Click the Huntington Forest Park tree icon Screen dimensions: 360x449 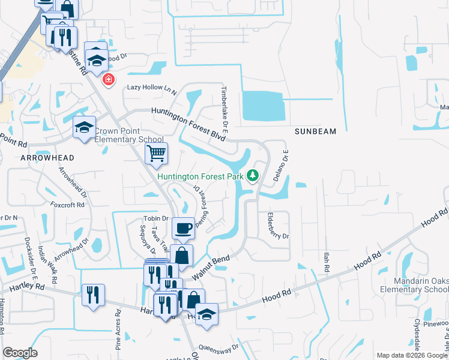coord(253,175)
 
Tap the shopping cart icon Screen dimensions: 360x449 coord(156,154)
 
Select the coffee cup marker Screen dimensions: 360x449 coord(183,228)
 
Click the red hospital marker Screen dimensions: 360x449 coord(109,79)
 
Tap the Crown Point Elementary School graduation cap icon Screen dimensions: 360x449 coord(85,127)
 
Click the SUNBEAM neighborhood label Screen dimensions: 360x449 coord(315,131)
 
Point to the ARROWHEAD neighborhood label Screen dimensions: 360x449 coord(47,158)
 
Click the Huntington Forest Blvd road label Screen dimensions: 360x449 coord(188,124)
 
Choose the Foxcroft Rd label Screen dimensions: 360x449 coord(68,204)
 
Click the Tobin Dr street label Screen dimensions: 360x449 coord(155,218)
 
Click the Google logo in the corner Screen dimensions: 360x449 coord(20,353)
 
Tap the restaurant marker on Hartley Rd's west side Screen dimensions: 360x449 coord(93,295)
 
